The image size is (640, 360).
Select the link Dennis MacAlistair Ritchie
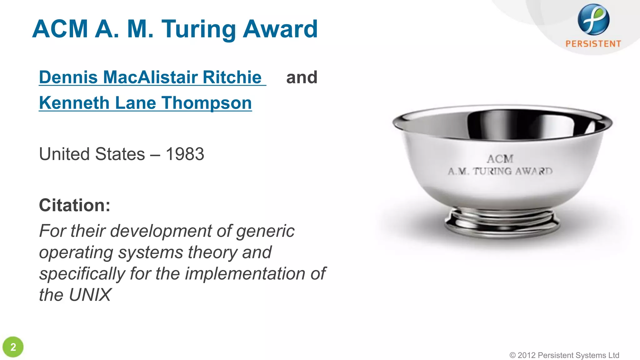pyautogui.click(x=150, y=77)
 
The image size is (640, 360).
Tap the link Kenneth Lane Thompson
pyautogui.click(x=145, y=103)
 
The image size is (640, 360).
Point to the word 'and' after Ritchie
pyautogui.click(x=302, y=77)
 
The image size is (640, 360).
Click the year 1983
pyautogui.click(x=185, y=154)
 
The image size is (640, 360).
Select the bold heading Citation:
pyautogui.click(x=74, y=205)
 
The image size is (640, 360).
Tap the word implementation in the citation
pyautogui.click(x=245, y=273)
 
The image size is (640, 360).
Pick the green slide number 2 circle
pyautogui.click(x=13, y=347)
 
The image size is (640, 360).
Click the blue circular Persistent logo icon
pyautogui.click(x=593, y=19)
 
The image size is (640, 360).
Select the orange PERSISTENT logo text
pyautogui.click(x=593, y=44)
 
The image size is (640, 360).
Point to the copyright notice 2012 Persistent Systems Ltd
pyautogui.click(x=564, y=355)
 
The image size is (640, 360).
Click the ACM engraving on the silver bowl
pyautogui.click(x=500, y=159)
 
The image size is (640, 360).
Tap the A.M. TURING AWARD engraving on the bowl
pyautogui.click(x=500, y=171)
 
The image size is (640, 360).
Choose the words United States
pyautogui.click(x=92, y=154)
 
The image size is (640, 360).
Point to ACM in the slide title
pyautogui.click(x=60, y=29)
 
